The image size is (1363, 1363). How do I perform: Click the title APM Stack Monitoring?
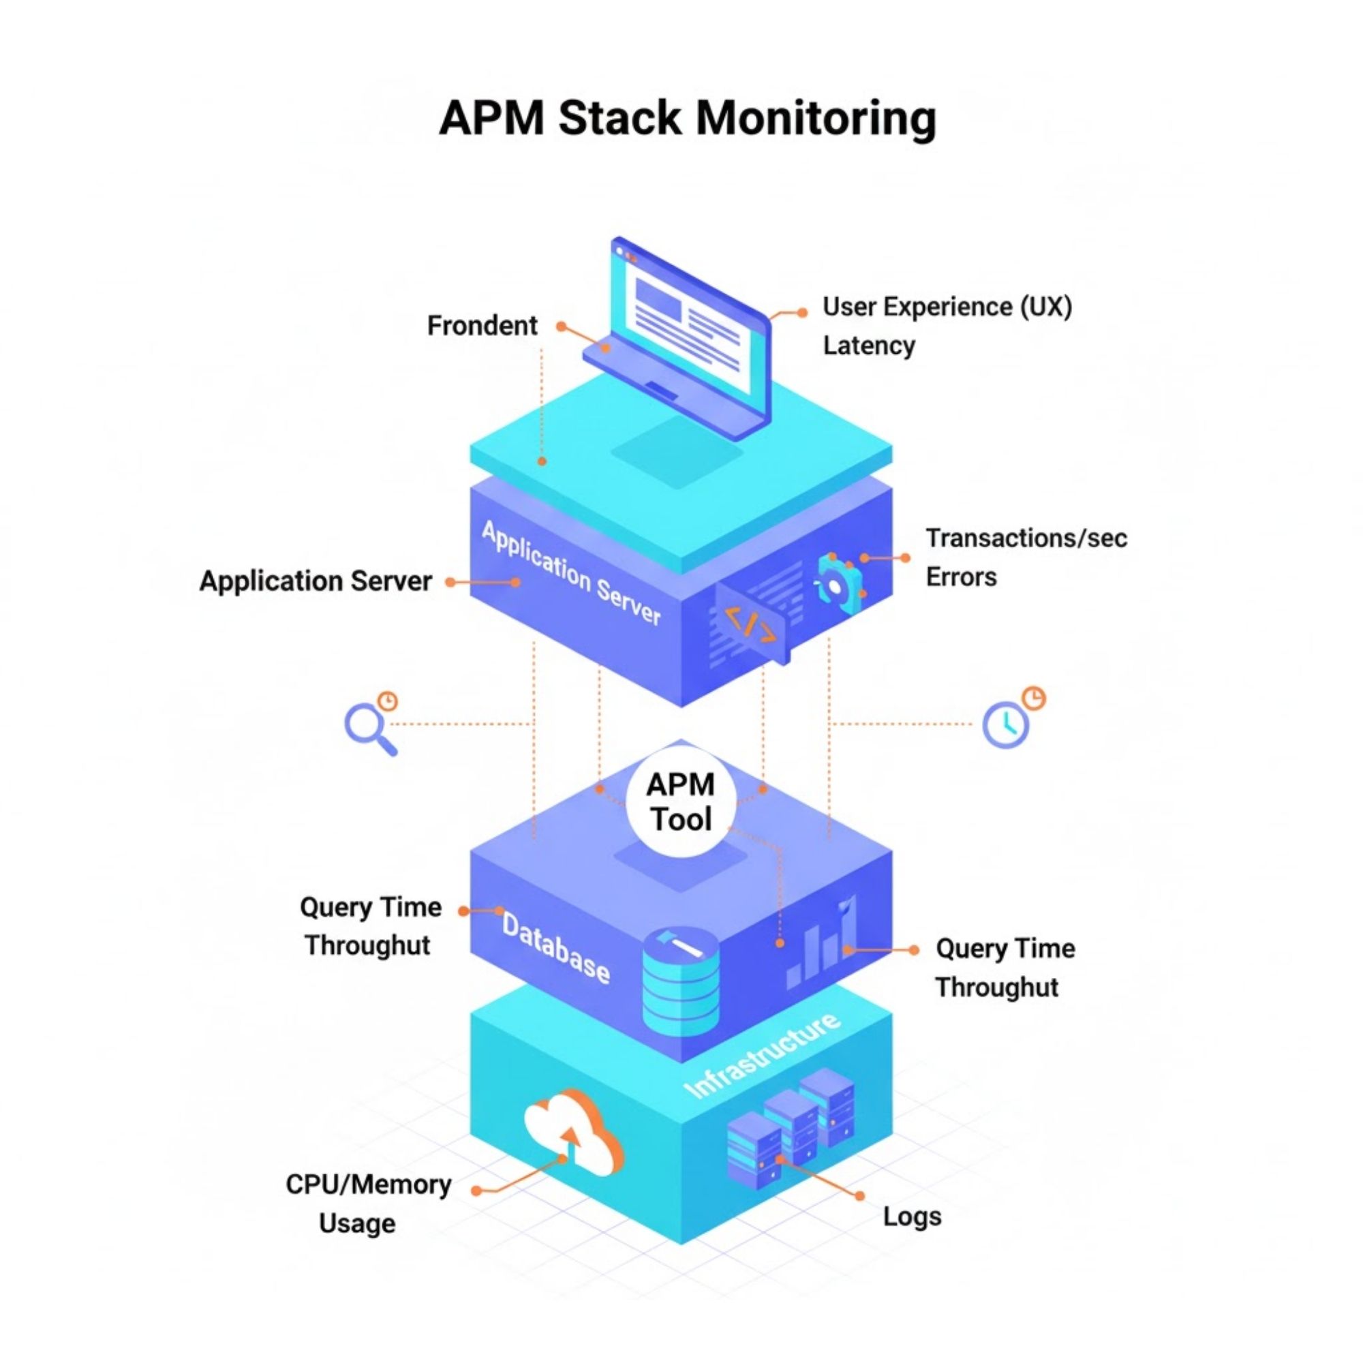[x=687, y=118]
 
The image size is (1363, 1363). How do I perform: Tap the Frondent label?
[x=482, y=326]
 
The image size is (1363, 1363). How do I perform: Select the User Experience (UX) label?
[x=947, y=307]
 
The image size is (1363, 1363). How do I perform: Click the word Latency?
[x=868, y=346]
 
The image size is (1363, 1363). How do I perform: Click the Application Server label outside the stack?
[x=316, y=581]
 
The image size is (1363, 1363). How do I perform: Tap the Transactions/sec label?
[x=1026, y=538]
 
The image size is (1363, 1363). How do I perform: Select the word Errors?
[x=961, y=577]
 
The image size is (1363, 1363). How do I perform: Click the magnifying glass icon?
[x=368, y=727]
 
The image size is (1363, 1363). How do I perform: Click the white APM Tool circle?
[x=681, y=803]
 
